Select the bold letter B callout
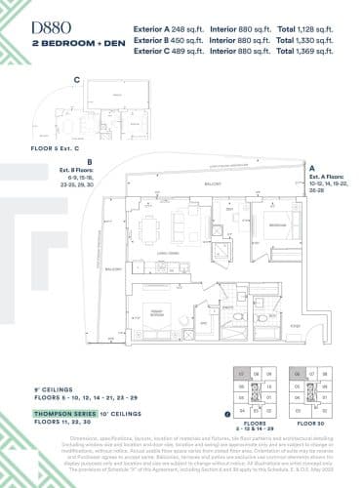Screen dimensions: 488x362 (90, 161)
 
